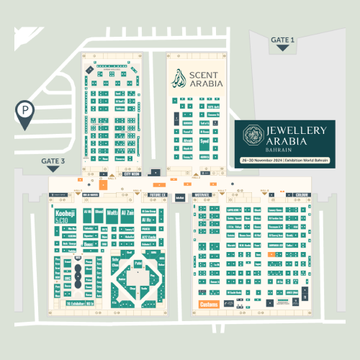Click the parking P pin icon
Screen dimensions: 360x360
[25, 112]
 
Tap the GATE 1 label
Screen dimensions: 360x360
[283, 39]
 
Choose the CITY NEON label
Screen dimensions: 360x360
[131, 174]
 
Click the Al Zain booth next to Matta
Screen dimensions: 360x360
[129, 213]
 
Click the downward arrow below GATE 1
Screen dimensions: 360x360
[283, 48]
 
